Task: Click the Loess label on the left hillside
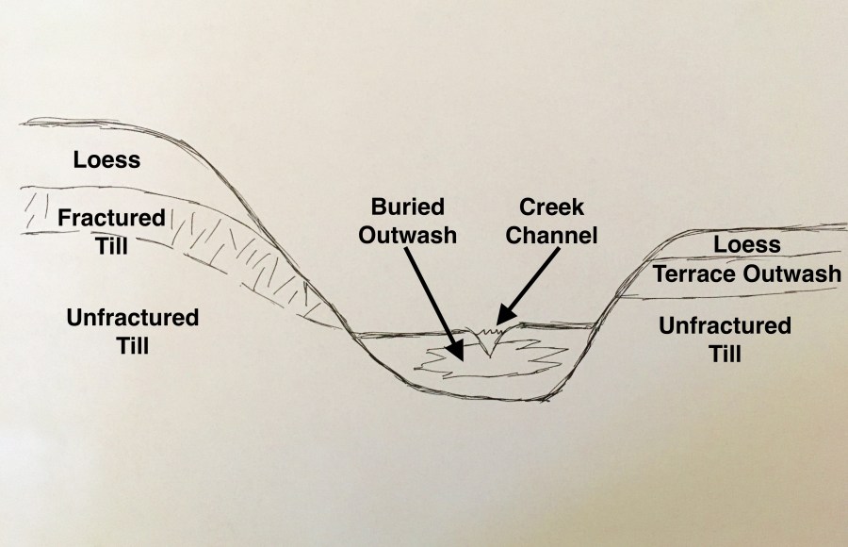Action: coord(106,160)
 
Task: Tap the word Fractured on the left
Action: coord(111,219)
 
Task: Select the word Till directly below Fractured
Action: coord(111,246)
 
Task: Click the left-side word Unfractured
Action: coord(133,318)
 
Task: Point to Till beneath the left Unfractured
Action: coord(133,345)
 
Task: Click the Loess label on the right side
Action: coord(746,245)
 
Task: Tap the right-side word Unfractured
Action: coord(725,326)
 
